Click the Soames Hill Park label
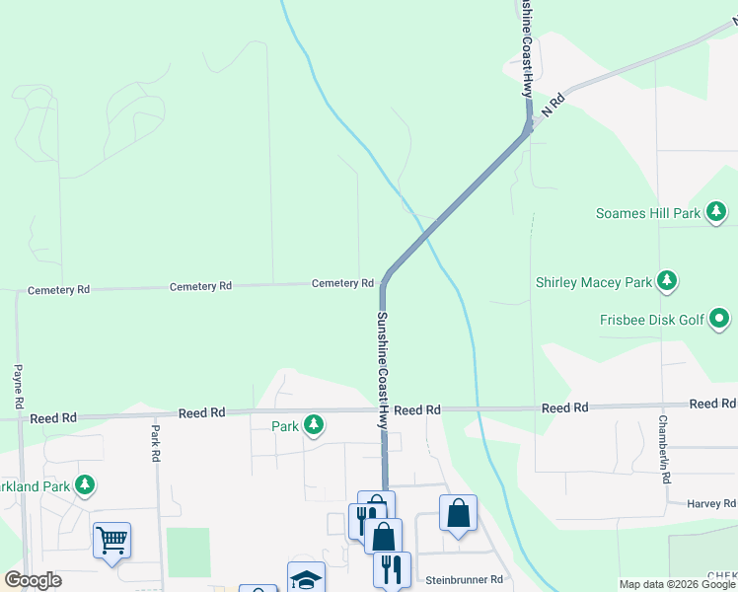[x=648, y=213]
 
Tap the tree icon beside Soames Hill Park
[x=717, y=212]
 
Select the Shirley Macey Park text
[x=594, y=282]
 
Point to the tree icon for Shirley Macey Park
[x=668, y=281]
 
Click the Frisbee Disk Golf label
[x=652, y=319]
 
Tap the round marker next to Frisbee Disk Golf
[x=720, y=319]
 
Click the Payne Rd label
[x=18, y=386]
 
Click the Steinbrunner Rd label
[x=465, y=580]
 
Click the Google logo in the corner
[x=33, y=580]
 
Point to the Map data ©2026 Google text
[x=678, y=584]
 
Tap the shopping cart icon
[x=111, y=539]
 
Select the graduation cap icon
[x=306, y=579]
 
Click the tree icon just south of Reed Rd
[x=314, y=425]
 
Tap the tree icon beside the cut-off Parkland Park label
[x=86, y=484]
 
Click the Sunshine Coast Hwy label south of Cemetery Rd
[x=381, y=370]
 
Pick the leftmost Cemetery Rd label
[x=58, y=290]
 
